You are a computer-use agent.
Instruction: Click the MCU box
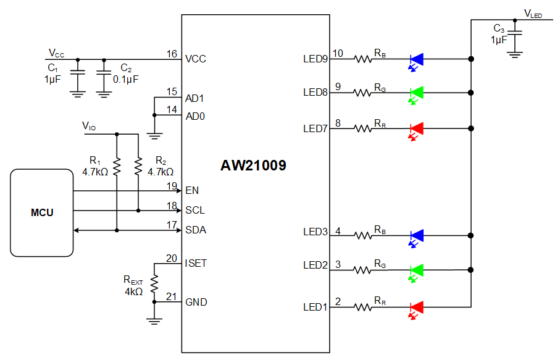(x=42, y=212)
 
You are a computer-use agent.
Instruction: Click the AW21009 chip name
(x=253, y=165)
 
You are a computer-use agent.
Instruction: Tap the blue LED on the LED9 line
(x=417, y=59)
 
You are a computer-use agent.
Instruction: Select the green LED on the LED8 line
(x=417, y=93)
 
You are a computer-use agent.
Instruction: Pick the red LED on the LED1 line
(x=417, y=307)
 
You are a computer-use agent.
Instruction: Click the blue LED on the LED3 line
(x=417, y=235)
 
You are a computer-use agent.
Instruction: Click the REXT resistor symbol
(x=154, y=283)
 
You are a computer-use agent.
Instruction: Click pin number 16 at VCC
(x=172, y=54)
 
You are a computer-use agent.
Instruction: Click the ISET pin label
(x=196, y=263)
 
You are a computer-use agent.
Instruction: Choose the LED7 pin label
(x=315, y=128)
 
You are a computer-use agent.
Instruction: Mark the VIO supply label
(x=89, y=126)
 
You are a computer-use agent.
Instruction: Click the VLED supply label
(x=533, y=13)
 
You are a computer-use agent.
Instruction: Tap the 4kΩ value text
(x=133, y=291)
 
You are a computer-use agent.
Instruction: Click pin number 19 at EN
(x=172, y=185)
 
